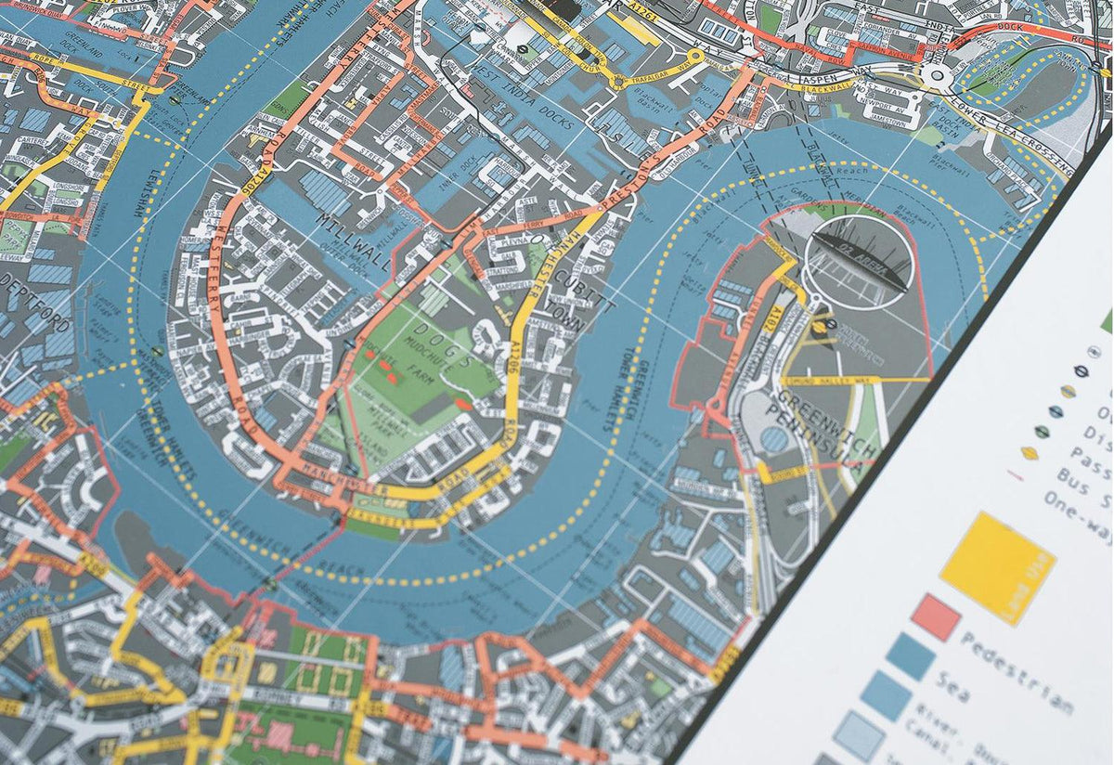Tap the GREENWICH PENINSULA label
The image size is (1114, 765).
pyautogui.click(x=823, y=429)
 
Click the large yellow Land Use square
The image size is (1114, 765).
pyautogui.click(x=997, y=566)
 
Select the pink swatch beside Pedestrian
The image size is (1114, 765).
pyautogui.click(x=935, y=618)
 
